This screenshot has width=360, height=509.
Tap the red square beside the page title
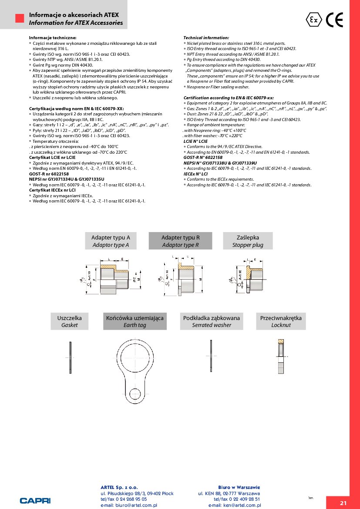[x=20, y=18]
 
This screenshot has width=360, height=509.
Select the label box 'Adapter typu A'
[x=111, y=241]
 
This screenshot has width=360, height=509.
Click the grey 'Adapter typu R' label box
[x=180, y=241]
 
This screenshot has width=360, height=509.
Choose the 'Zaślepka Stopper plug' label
[x=248, y=241]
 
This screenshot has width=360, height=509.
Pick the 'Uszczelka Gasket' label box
[x=69, y=321]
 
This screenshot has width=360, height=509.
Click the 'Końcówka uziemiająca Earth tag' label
[x=135, y=321]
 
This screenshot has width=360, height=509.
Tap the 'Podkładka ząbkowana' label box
[x=212, y=321]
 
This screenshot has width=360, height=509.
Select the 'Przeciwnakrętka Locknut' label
[x=281, y=321]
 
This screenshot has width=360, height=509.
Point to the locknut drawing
[x=281, y=357]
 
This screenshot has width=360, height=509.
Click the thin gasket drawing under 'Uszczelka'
[x=70, y=357]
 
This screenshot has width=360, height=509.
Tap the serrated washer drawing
[x=211, y=356]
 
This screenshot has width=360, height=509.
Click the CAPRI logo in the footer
[x=35, y=500]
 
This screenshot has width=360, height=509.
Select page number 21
[x=343, y=503]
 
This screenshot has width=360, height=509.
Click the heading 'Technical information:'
[x=206, y=38]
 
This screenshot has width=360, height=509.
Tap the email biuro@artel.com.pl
[x=128, y=506]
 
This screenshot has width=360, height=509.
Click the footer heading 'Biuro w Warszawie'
[x=239, y=487]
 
